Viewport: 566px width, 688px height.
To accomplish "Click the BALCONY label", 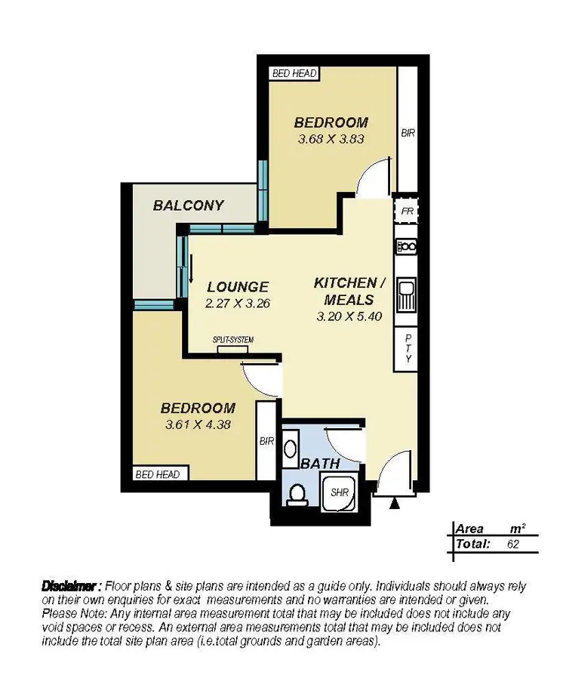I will click(x=188, y=205).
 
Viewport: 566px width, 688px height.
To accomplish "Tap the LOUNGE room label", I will click(x=238, y=287).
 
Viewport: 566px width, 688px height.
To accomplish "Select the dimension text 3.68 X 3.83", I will click(x=331, y=139).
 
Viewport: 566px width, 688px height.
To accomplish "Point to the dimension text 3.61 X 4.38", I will click(x=197, y=424).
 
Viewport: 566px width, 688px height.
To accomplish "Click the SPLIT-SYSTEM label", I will click(x=233, y=341).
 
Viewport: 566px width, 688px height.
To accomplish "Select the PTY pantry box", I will click(x=408, y=348).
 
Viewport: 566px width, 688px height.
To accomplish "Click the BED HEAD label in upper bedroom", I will click(x=294, y=73).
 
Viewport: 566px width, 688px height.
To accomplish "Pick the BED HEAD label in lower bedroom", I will click(x=157, y=474).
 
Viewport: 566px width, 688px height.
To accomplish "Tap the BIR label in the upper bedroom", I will click(x=408, y=133).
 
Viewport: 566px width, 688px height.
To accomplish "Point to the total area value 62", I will click(x=512, y=544).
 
